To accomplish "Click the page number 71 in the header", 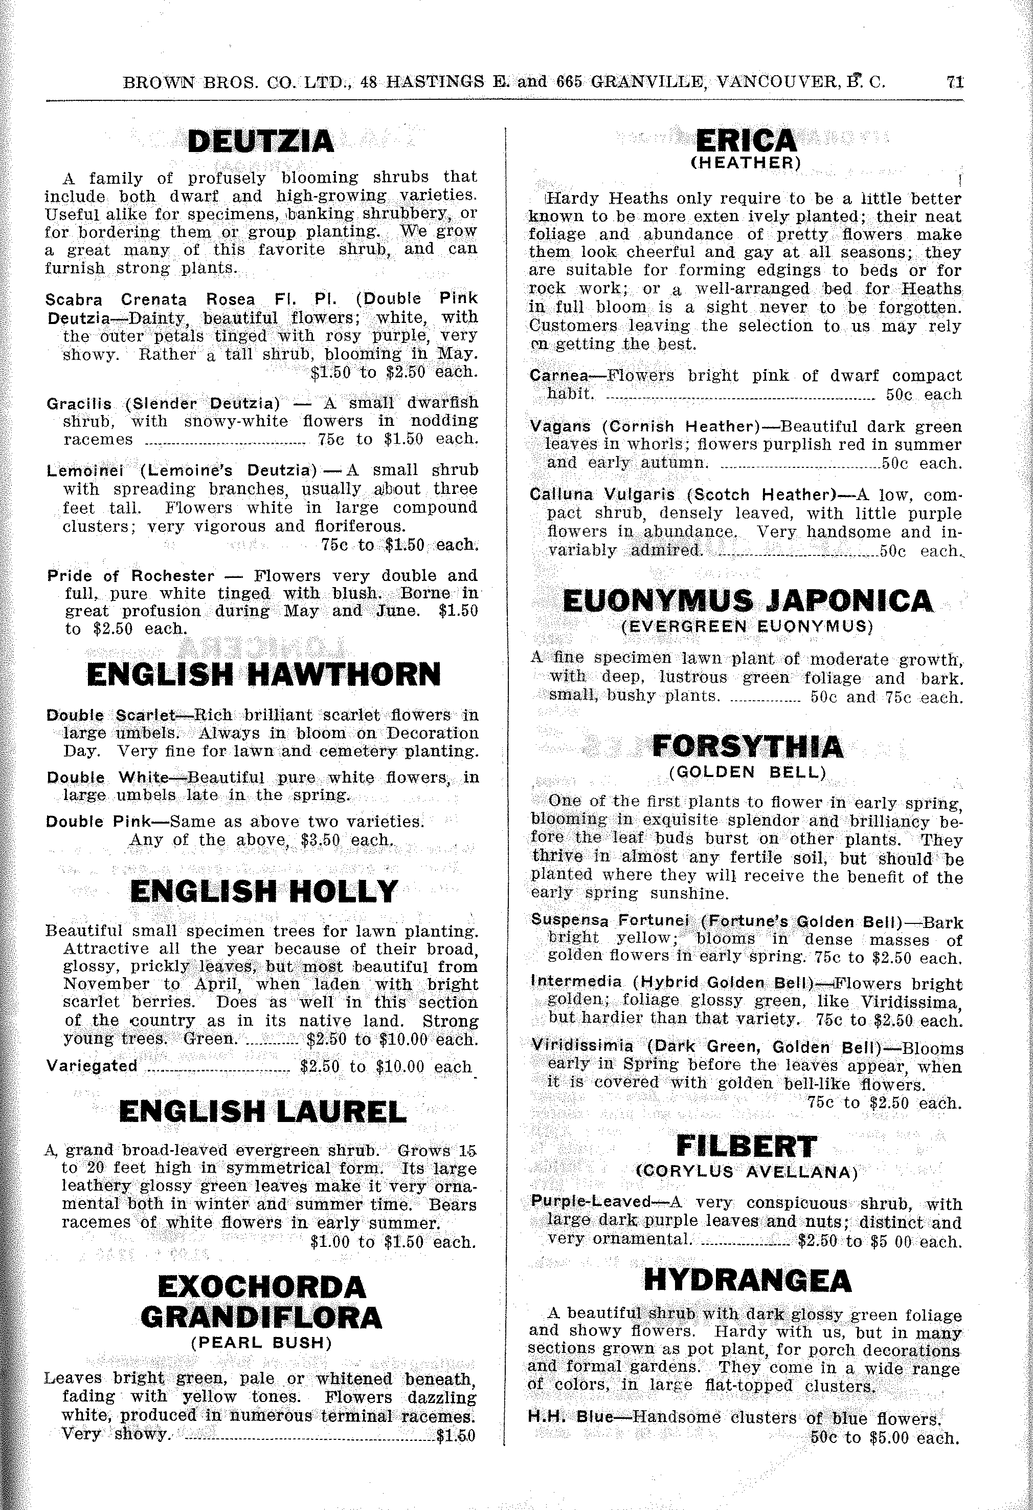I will (954, 82).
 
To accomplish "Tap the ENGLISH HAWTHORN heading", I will (263, 675).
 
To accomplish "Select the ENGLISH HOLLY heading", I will (263, 892).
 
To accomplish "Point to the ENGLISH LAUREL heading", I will (263, 1112).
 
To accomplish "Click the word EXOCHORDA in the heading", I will (262, 1287).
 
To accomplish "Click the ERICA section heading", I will (746, 141).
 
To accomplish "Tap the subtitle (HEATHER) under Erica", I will (746, 162).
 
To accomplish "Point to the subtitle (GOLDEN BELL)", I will (747, 772).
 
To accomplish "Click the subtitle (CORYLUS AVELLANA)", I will (746, 1173).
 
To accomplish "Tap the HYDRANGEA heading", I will (747, 1281).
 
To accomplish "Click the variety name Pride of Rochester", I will (130, 576).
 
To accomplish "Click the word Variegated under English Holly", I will (92, 1066).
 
